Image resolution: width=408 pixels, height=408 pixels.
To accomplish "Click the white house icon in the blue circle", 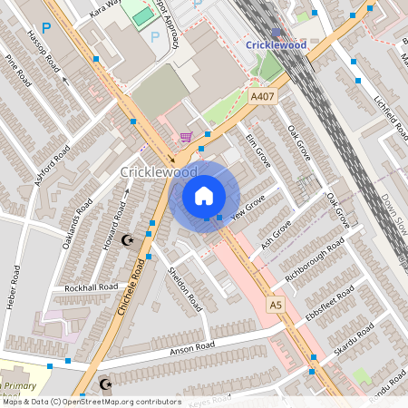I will coord(204,195).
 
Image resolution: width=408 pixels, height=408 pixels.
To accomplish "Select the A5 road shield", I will coord(276,306).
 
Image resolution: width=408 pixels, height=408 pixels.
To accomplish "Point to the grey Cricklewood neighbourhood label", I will coord(159,171).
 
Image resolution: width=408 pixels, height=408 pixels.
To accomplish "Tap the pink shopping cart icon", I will coord(186,137).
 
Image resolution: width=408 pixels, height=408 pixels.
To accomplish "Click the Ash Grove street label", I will coord(277,235).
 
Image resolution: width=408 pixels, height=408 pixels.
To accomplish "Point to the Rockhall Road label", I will coord(92,287).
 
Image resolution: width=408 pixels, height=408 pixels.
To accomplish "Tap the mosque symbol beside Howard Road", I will coord(127,240).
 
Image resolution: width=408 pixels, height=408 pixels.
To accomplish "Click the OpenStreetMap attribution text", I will coord(92,401).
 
